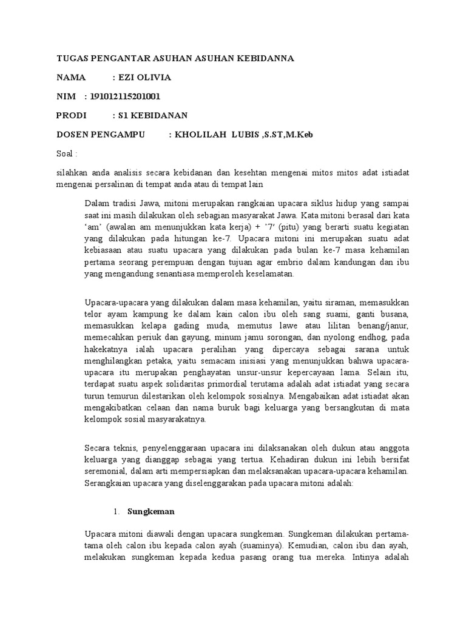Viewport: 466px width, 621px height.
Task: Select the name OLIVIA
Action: tap(155, 78)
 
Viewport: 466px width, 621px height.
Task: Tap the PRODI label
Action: tap(72, 115)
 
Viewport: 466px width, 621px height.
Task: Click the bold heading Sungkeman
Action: tap(151, 511)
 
